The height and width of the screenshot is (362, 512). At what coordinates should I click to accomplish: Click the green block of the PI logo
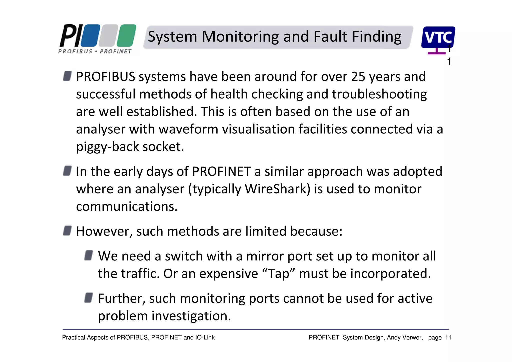point(127,35)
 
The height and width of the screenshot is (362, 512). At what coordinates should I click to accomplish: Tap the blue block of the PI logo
point(90,35)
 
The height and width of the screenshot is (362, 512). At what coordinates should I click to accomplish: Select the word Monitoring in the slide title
point(240,37)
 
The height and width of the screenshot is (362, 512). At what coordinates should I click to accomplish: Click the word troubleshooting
point(379,94)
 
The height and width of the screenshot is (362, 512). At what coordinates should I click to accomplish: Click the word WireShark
point(276,189)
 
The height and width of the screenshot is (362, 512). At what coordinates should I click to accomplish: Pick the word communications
point(127,207)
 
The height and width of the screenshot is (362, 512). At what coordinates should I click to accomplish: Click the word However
point(104,231)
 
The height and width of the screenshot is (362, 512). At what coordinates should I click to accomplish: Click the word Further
point(122,299)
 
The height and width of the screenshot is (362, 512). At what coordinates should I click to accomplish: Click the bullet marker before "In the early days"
point(67,171)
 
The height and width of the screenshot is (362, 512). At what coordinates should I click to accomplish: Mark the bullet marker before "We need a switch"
point(89,256)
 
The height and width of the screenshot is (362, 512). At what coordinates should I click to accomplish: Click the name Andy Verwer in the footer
point(405,338)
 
